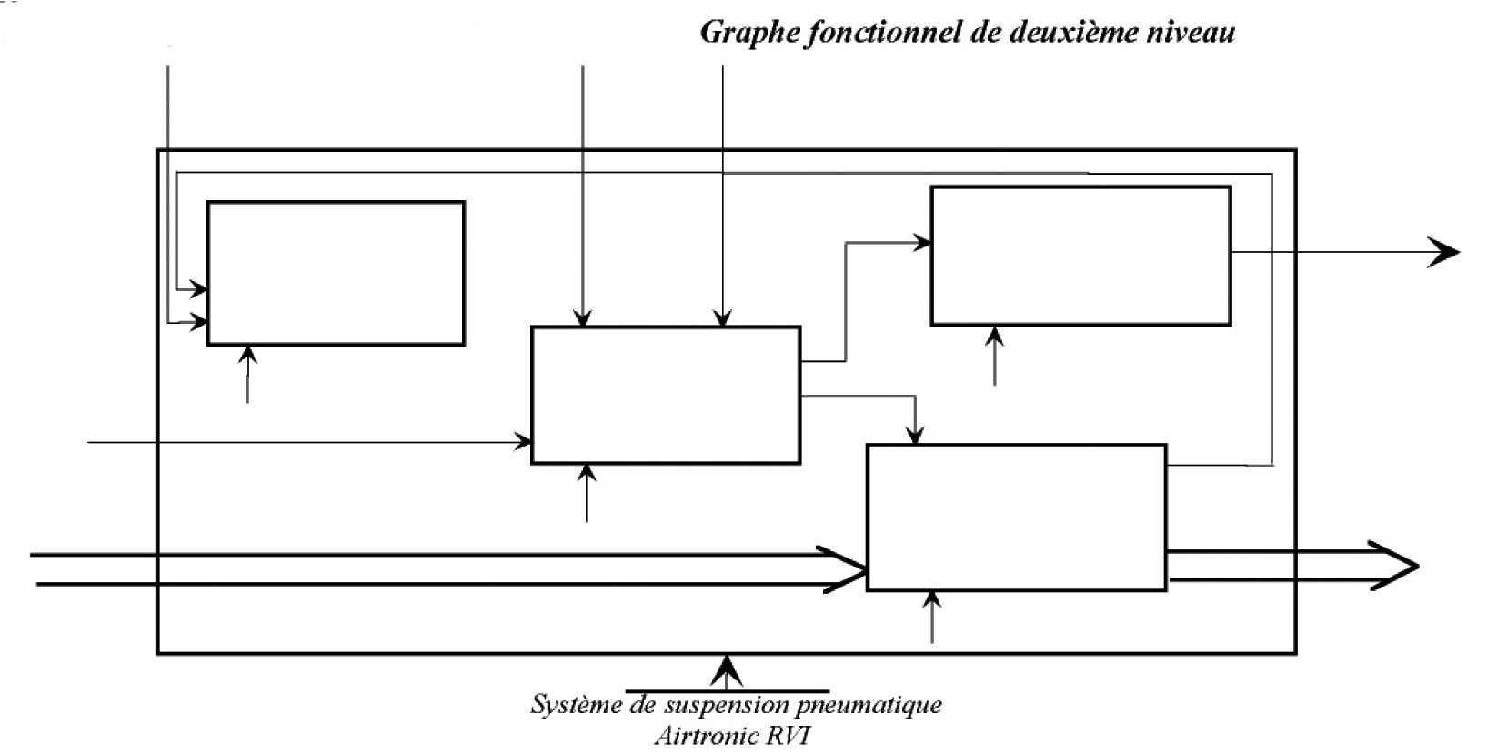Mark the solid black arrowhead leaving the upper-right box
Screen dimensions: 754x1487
pyautogui.click(x=1442, y=252)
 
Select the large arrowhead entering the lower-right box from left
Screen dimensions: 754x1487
pyautogui.click(x=844, y=569)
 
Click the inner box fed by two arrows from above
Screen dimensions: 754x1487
pyautogui.click(x=666, y=395)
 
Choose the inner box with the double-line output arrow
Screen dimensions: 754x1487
pyautogui.click(x=1016, y=518)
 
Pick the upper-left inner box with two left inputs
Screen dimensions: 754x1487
pyautogui.click(x=336, y=273)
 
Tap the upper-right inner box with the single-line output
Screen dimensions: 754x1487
pyautogui.click(x=1080, y=256)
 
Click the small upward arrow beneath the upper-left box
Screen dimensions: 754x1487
pyautogui.click(x=247, y=356)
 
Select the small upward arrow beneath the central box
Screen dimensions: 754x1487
pyautogui.click(x=588, y=475)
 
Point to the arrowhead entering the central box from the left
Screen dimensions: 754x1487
pyautogui.click(x=524, y=442)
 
